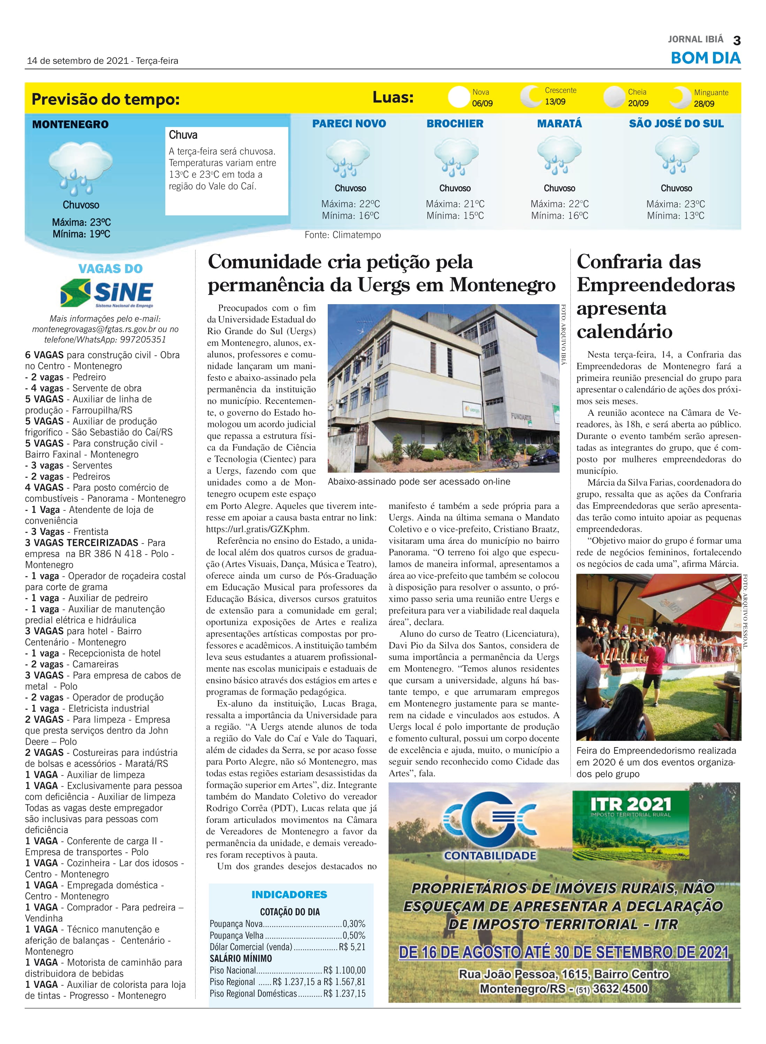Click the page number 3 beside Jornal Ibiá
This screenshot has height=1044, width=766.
pos(736,41)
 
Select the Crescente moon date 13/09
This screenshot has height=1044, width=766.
pos(555,102)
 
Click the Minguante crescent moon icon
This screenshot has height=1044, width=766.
pos(680,97)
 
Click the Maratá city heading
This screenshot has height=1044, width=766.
pos(559,124)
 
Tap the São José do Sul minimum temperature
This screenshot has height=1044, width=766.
pos(676,216)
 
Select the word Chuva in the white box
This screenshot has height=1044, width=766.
pos(183,135)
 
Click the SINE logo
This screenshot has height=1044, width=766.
pos(107,293)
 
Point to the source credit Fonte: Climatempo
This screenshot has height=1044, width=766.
pos(343,235)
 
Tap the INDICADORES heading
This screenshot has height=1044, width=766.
pos(289,895)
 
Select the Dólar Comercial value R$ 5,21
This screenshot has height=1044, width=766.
pos(352,947)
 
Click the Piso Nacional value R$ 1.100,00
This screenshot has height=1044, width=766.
pos(344,970)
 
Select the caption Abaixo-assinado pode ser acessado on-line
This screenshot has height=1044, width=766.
pos(419,482)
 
